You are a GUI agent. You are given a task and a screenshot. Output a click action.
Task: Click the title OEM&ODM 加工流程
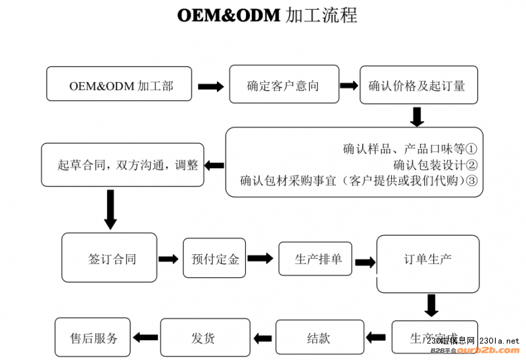point(267,15)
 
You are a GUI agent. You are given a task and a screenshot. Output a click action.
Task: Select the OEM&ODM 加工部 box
point(119,84)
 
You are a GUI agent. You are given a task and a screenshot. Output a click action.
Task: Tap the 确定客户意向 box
point(283,85)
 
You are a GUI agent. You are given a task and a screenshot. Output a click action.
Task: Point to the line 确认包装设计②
point(435,164)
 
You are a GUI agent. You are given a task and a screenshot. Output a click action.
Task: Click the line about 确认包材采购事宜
point(358,180)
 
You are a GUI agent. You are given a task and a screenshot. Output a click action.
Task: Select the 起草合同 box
point(122,165)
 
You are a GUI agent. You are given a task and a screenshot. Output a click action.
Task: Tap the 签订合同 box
point(110,258)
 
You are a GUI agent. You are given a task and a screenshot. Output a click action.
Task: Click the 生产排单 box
point(315,259)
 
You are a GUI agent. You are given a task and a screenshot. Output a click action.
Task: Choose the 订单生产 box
point(427,259)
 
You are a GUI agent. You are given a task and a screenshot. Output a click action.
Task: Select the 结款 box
point(319,338)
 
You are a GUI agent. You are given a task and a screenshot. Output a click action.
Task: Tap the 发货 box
point(204,338)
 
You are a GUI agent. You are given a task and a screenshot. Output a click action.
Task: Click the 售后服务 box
point(93,338)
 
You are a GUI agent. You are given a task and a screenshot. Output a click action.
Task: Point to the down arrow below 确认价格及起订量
point(417,116)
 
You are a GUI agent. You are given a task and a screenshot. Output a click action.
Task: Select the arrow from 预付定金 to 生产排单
point(260,259)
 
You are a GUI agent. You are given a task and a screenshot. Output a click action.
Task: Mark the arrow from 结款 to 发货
point(263,338)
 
